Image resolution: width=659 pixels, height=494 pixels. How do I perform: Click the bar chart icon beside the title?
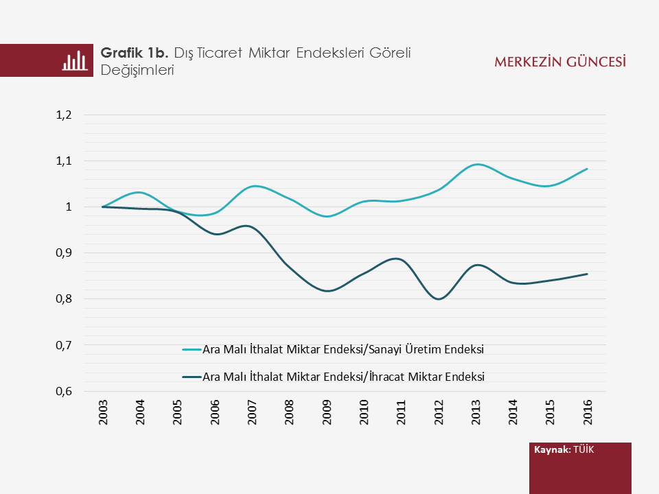pyautogui.click(x=76, y=60)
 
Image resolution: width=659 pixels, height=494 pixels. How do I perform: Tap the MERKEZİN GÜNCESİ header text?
pyautogui.click(x=559, y=62)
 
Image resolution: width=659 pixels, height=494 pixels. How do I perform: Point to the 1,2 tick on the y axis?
pyautogui.click(x=64, y=115)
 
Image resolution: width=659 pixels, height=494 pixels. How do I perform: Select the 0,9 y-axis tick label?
pyautogui.click(x=64, y=253)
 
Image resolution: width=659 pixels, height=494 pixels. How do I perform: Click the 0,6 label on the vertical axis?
pyautogui.click(x=64, y=392)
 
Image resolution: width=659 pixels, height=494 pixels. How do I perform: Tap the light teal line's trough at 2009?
pyautogui.click(x=327, y=216)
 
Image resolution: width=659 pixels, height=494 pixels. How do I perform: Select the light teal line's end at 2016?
pyautogui.click(x=588, y=169)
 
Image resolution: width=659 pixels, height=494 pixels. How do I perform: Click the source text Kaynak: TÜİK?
pyautogui.click(x=564, y=449)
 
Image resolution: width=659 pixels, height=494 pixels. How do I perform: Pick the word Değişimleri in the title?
pyautogui.click(x=136, y=70)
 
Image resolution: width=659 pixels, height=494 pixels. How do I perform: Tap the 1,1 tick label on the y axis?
pyautogui.click(x=64, y=161)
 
